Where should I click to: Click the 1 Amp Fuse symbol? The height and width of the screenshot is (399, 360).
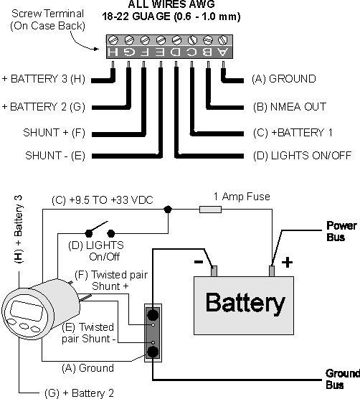click(x=210, y=210)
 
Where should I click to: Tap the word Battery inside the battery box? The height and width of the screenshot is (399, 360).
click(x=245, y=304)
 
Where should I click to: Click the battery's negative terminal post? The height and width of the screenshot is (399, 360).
click(x=214, y=271)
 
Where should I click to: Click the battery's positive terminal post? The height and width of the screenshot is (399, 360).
click(x=272, y=271)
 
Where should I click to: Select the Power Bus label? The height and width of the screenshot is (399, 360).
click(x=341, y=231)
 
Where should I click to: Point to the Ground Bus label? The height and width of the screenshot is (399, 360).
click(x=343, y=379)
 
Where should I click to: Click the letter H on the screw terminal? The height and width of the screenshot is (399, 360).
click(x=113, y=52)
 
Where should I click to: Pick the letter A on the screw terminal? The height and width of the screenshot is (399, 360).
click(x=223, y=52)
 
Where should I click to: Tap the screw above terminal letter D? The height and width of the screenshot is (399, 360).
click(x=176, y=40)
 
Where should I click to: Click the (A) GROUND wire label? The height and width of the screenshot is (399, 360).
click(x=284, y=79)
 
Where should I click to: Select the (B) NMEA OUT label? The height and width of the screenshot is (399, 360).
click(x=290, y=107)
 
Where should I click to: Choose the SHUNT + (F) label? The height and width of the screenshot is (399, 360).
click(x=54, y=133)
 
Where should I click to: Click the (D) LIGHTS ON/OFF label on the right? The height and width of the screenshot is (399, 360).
click(x=303, y=156)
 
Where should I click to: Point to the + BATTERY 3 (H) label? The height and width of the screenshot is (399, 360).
click(x=44, y=79)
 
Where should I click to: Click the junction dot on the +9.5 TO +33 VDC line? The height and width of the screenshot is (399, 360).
click(x=168, y=210)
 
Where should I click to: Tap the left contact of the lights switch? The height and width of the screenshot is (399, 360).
click(x=88, y=233)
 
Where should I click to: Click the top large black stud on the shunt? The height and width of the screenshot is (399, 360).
click(x=153, y=315)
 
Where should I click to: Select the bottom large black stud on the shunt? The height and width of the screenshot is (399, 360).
click(x=153, y=352)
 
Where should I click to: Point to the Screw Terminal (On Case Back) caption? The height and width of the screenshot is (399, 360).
click(x=47, y=20)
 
